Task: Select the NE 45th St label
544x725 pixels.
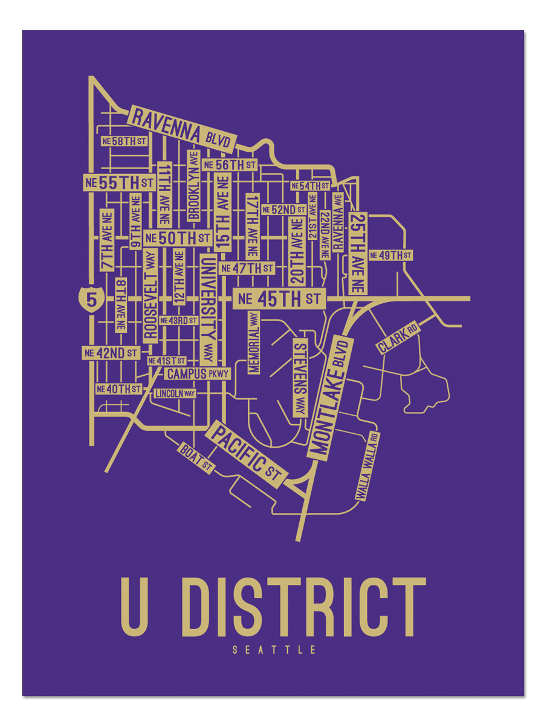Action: point(279,298)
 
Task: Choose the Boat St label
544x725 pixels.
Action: point(196,459)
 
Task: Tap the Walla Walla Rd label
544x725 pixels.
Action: point(367,466)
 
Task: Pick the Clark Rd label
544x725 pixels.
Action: point(398,338)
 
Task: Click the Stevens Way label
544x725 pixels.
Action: point(300,378)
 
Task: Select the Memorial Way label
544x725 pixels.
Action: point(253,342)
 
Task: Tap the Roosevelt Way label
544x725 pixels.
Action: point(151,296)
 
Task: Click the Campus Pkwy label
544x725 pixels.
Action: point(198,374)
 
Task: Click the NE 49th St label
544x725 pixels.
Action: point(390,256)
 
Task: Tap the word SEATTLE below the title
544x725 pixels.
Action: point(274,651)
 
